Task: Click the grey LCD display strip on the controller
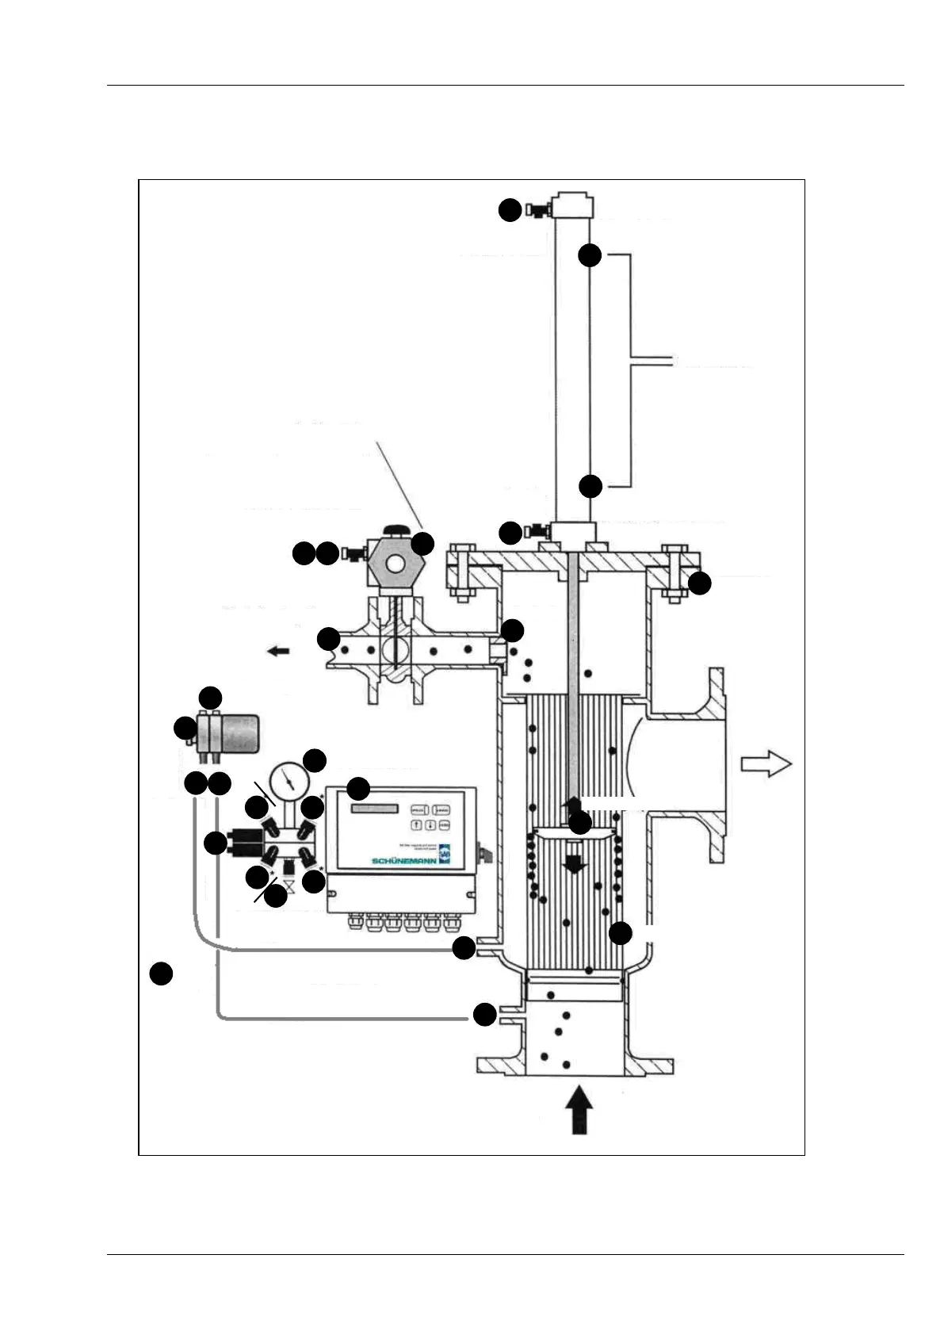coord(374,809)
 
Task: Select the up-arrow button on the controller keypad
coord(416,825)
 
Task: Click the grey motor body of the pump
coord(239,733)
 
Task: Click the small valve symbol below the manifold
coord(289,886)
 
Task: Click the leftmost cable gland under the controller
coord(351,923)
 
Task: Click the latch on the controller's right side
coord(485,853)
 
